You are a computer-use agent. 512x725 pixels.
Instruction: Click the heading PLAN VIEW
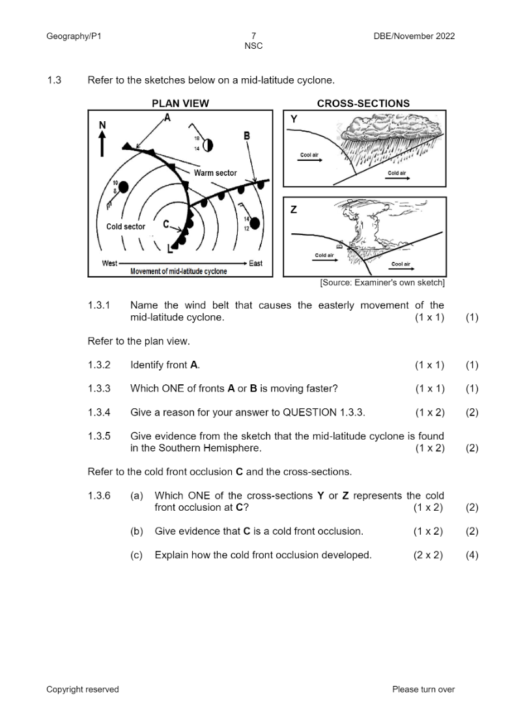coord(180,103)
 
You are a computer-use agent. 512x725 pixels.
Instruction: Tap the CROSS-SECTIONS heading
coord(363,103)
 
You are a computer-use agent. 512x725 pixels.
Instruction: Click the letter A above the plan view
coord(167,118)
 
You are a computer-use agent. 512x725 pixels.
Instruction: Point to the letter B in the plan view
coord(247,135)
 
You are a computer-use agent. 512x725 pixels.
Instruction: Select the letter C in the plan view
coord(167,224)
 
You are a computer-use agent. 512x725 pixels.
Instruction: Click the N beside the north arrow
coord(102,124)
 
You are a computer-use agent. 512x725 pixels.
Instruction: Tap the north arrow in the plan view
coord(102,144)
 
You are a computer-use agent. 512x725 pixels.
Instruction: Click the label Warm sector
coord(215,173)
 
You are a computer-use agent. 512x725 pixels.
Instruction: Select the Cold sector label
coord(126,227)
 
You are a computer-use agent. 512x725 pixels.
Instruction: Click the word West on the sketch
coord(109,263)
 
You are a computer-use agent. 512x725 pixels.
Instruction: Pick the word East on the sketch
coord(256,263)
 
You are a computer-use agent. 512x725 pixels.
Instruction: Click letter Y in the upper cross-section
coord(294,119)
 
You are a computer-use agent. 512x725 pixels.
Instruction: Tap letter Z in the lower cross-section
coord(294,210)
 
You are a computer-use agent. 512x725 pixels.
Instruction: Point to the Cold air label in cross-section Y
coord(397,173)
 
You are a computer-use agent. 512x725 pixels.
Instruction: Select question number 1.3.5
coord(99,436)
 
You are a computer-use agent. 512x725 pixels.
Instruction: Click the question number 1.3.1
coord(99,305)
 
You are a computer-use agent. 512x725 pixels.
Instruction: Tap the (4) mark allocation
coord(472,555)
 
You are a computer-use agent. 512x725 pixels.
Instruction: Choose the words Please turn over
coord(423,689)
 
